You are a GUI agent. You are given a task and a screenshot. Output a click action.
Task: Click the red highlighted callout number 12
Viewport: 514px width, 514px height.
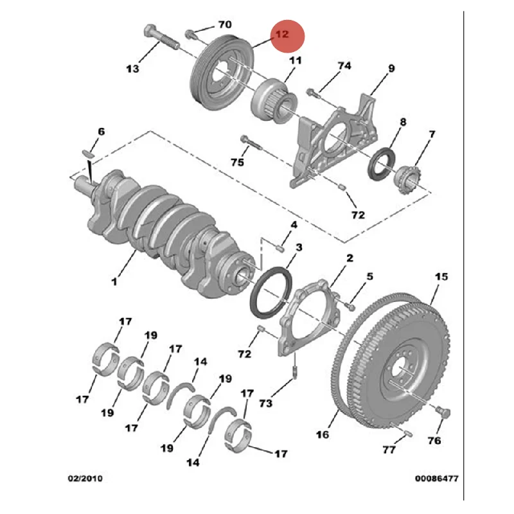coord(283,33)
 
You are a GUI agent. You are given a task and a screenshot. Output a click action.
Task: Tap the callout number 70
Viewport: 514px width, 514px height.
coord(224,24)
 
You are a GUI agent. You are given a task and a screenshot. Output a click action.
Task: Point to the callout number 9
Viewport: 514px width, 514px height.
coord(391,69)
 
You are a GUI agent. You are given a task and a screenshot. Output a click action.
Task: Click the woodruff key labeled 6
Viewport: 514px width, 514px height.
coord(89,153)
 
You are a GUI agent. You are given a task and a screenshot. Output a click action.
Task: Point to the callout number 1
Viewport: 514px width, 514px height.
coord(114,281)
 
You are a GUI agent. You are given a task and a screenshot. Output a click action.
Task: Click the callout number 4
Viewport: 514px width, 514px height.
coord(293,225)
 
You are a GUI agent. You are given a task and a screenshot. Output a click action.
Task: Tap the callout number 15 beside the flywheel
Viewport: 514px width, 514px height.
coord(441,277)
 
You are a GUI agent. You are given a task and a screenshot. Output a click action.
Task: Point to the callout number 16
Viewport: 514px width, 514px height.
coord(323,435)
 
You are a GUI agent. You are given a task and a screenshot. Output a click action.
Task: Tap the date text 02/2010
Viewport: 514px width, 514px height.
coord(85,479)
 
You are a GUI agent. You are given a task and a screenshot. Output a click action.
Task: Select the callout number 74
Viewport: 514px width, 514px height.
coord(344,66)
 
